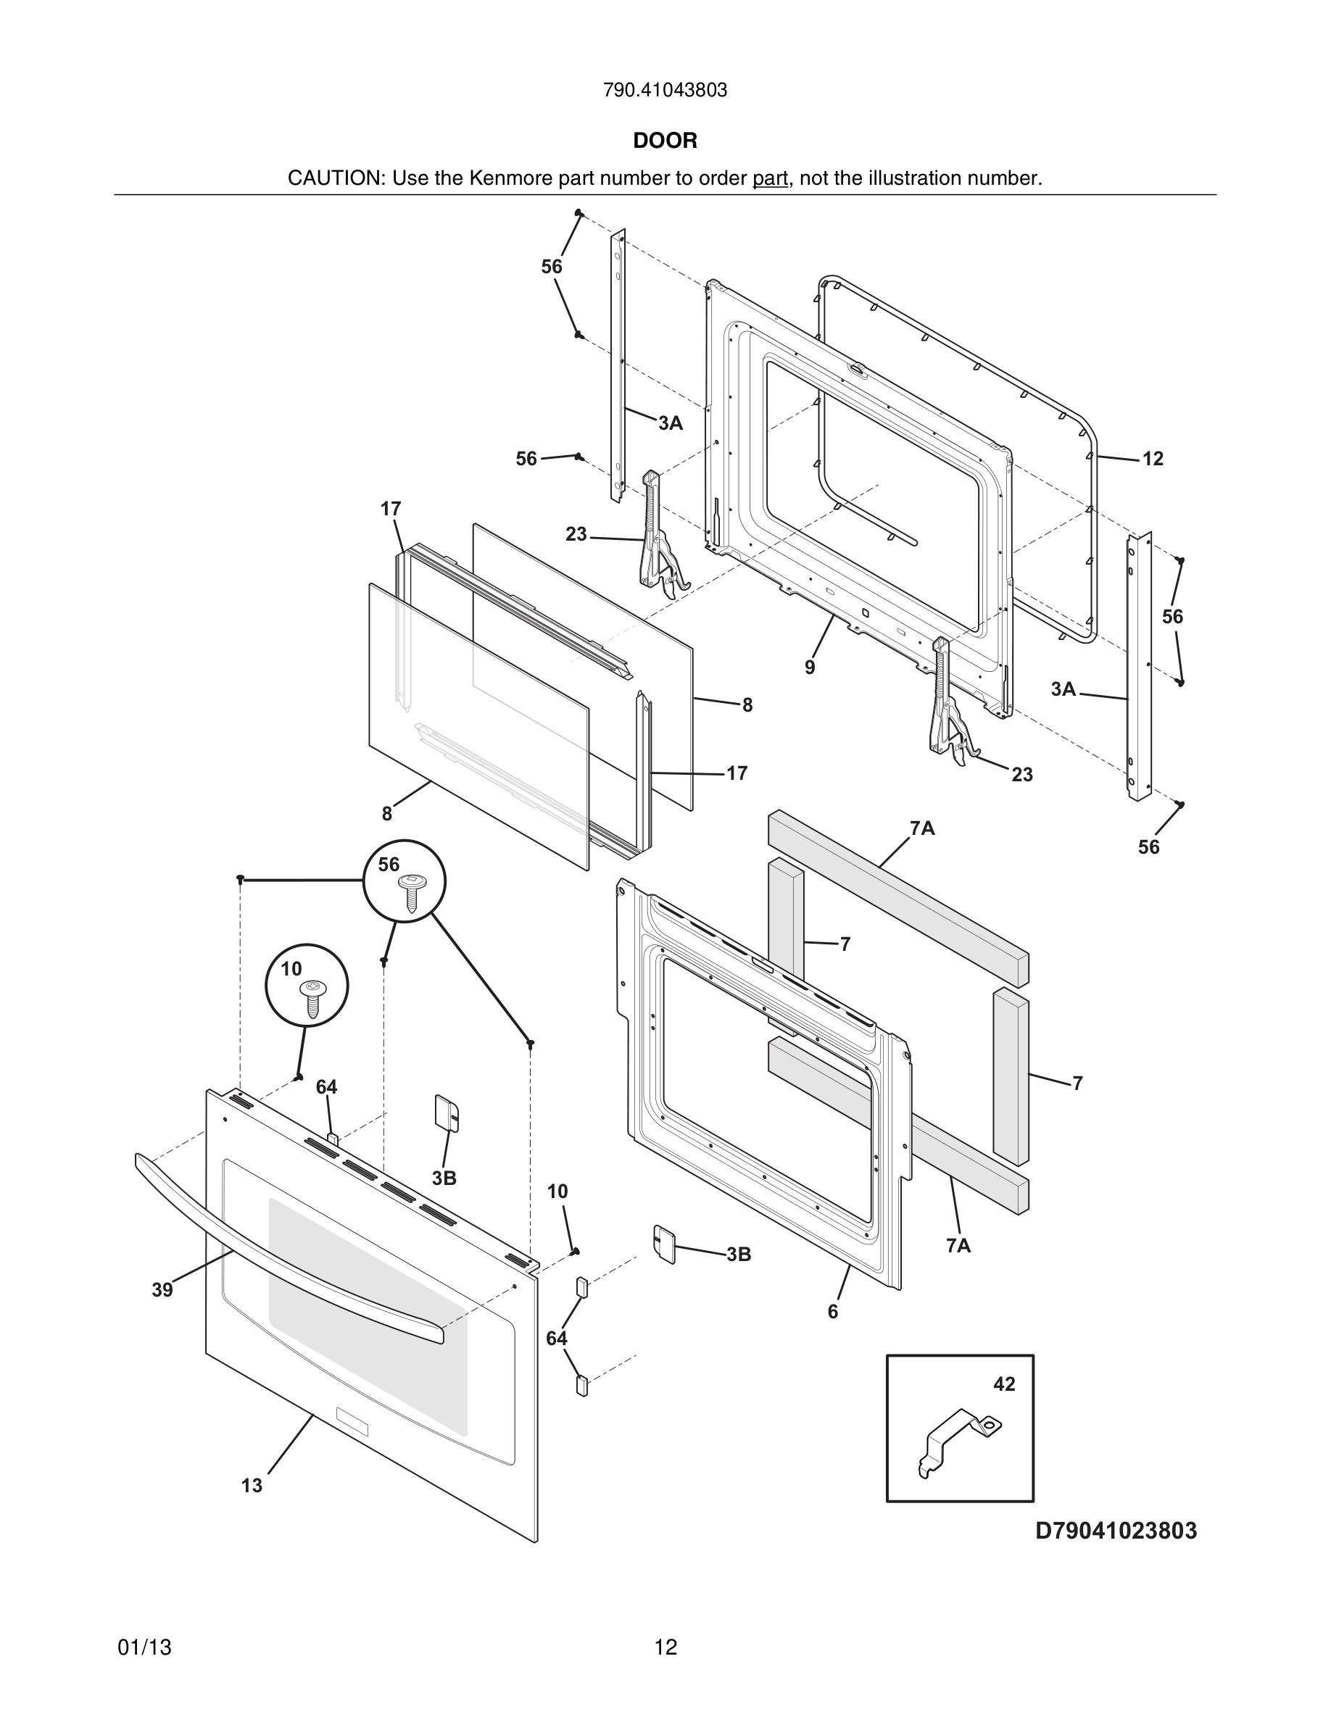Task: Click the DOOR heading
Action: tap(665, 141)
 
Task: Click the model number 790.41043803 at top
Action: tap(665, 91)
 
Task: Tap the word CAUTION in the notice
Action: tap(334, 178)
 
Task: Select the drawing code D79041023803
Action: tap(1116, 1531)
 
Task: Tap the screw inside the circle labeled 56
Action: tap(410, 891)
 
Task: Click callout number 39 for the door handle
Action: tap(162, 1290)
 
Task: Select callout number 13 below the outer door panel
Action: tap(252, 1486)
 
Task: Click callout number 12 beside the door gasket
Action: tap(1153, 459)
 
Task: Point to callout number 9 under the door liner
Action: tap(810, 667)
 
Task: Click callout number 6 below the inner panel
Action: tap(833, 1312)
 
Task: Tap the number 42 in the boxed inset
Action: tap(1004, 1384)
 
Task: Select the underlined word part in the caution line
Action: tap(770, 178)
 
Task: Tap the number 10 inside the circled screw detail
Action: tap(291, 969)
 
